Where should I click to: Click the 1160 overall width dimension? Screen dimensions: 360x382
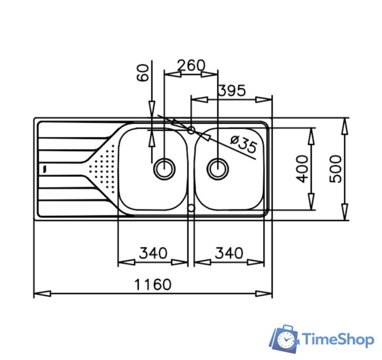pos(152,284)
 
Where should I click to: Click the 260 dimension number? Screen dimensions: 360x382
pos(191,65)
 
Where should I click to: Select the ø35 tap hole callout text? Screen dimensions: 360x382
pos(244,145)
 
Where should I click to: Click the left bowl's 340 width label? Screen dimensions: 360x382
pos(152,253)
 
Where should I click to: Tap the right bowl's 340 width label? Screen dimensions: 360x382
pos(228,253)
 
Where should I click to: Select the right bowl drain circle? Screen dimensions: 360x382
pos(217,168)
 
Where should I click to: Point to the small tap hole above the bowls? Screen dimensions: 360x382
pos(191,130)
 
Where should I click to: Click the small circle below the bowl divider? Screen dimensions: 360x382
pos(191,209)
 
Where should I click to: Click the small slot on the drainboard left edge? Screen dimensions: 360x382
pos(43,168)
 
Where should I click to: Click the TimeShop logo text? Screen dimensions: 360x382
pos(338,339)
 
